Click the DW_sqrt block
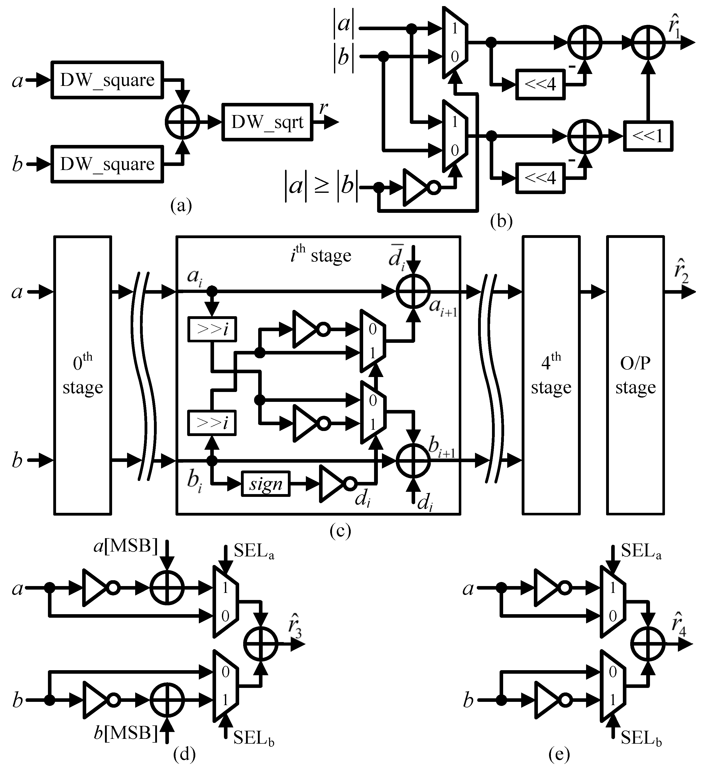[267, 122]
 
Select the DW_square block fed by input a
[107, 80]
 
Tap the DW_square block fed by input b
[107, 164]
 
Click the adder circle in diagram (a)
[182, 122]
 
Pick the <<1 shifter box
[648, 136]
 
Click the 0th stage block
[83, 375]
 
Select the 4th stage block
[551, 375]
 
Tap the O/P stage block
[635, 375]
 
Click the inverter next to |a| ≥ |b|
[418, 187]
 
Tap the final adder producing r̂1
[648, 42]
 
